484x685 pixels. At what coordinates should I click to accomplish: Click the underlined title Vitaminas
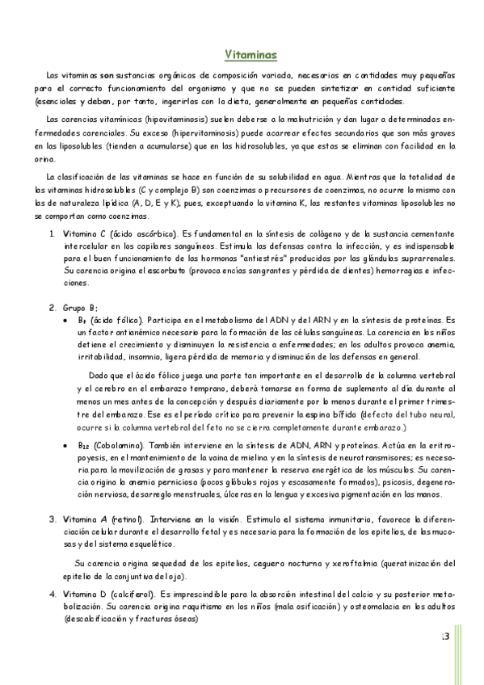[250, 54]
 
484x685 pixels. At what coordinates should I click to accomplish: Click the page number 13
[444, 637]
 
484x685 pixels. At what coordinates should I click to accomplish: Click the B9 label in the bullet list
[82, 321]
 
